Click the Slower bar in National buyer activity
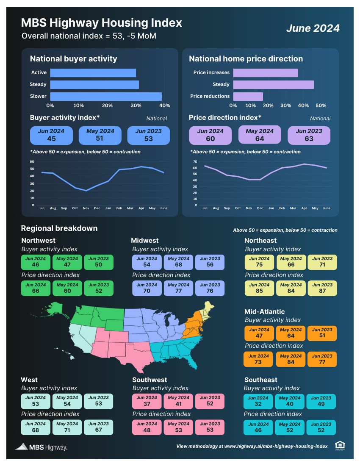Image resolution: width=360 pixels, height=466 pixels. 106,96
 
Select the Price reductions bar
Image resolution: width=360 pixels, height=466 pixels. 248,96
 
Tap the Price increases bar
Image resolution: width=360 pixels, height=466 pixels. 265,73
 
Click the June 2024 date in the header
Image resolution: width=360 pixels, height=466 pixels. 313,28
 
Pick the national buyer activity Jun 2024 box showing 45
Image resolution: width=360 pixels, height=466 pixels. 51,135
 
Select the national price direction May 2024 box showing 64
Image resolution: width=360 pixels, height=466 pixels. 260,135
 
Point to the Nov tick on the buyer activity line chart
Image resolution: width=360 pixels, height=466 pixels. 86,208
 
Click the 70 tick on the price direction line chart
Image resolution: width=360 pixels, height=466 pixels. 195,161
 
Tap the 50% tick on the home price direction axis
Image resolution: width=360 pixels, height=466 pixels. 321,105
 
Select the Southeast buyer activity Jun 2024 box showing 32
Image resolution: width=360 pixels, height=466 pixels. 258,402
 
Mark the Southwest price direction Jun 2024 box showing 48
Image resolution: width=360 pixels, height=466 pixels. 147,427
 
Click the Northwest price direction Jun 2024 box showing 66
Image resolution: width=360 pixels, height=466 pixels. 36,288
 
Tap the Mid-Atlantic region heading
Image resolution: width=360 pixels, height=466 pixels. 264,311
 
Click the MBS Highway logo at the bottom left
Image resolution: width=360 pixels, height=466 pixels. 41,447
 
